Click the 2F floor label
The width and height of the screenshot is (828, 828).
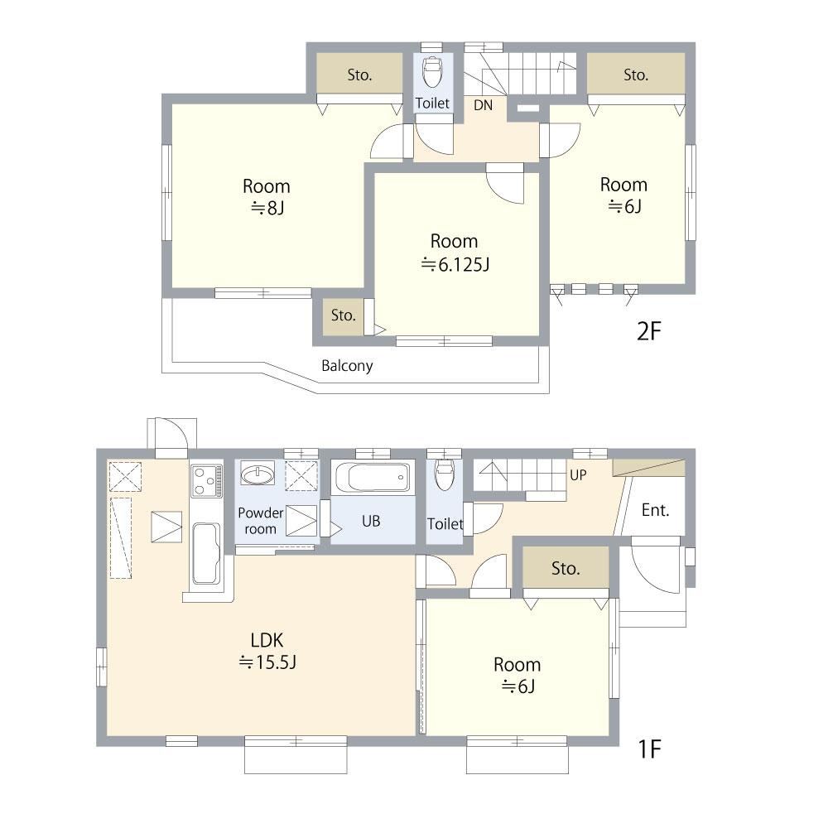tap(649, 331)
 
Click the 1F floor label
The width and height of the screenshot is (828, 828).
tap(649, 749)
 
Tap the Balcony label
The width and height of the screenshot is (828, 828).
tap(347, 365)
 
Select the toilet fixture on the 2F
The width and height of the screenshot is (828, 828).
tap(432, 71)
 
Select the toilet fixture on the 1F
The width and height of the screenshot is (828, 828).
tap(444, 474)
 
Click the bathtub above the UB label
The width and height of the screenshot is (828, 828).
tap(372, 477)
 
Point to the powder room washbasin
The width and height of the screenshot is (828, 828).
tap(258, 473)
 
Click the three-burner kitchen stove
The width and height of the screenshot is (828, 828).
tap(206, 481)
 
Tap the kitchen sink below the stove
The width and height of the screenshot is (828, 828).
tap(206, 553)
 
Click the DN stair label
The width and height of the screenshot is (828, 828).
tap(483, 105)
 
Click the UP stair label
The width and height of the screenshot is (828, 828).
tap(578, 474)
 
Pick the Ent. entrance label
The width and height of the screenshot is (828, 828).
tap(655, 510)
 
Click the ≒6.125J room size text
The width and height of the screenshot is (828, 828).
tap(455, 263)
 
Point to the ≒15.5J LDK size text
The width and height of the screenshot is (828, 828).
tap(267, 662)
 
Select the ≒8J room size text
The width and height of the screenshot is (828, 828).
tap(267, 208)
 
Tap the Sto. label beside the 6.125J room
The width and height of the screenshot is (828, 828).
tap(344, 315)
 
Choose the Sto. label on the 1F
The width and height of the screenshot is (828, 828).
tap(566, 568)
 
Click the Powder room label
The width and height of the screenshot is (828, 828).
tap(260, 521)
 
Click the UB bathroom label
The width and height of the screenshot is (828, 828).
tap(371, 521)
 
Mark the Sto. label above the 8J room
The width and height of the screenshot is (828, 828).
tap(359, 75)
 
